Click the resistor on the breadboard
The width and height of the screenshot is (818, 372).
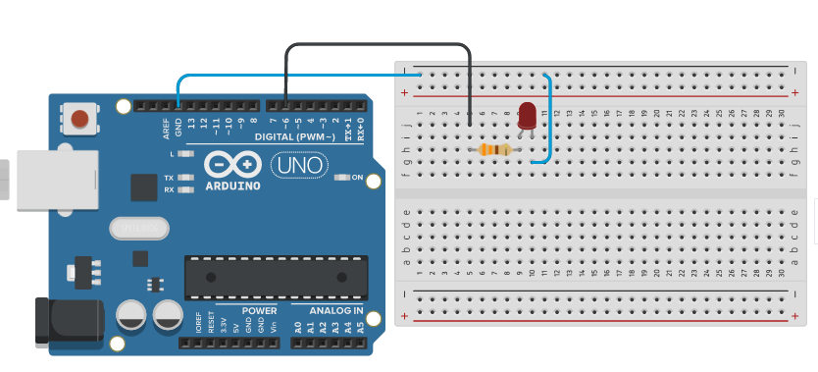point(494,150)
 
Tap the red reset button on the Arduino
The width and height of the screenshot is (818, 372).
point(79,120)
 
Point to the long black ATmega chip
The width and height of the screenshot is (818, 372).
point(277,277)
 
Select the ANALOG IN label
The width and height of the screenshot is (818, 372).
point(336,311)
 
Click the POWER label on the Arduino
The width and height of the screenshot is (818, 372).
point(259,311)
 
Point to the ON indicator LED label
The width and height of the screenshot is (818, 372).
point(357,178)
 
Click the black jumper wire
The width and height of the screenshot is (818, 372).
point(378,44)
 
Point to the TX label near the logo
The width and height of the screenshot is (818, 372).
point(169,178)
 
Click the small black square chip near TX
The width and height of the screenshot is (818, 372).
point(144,187)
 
